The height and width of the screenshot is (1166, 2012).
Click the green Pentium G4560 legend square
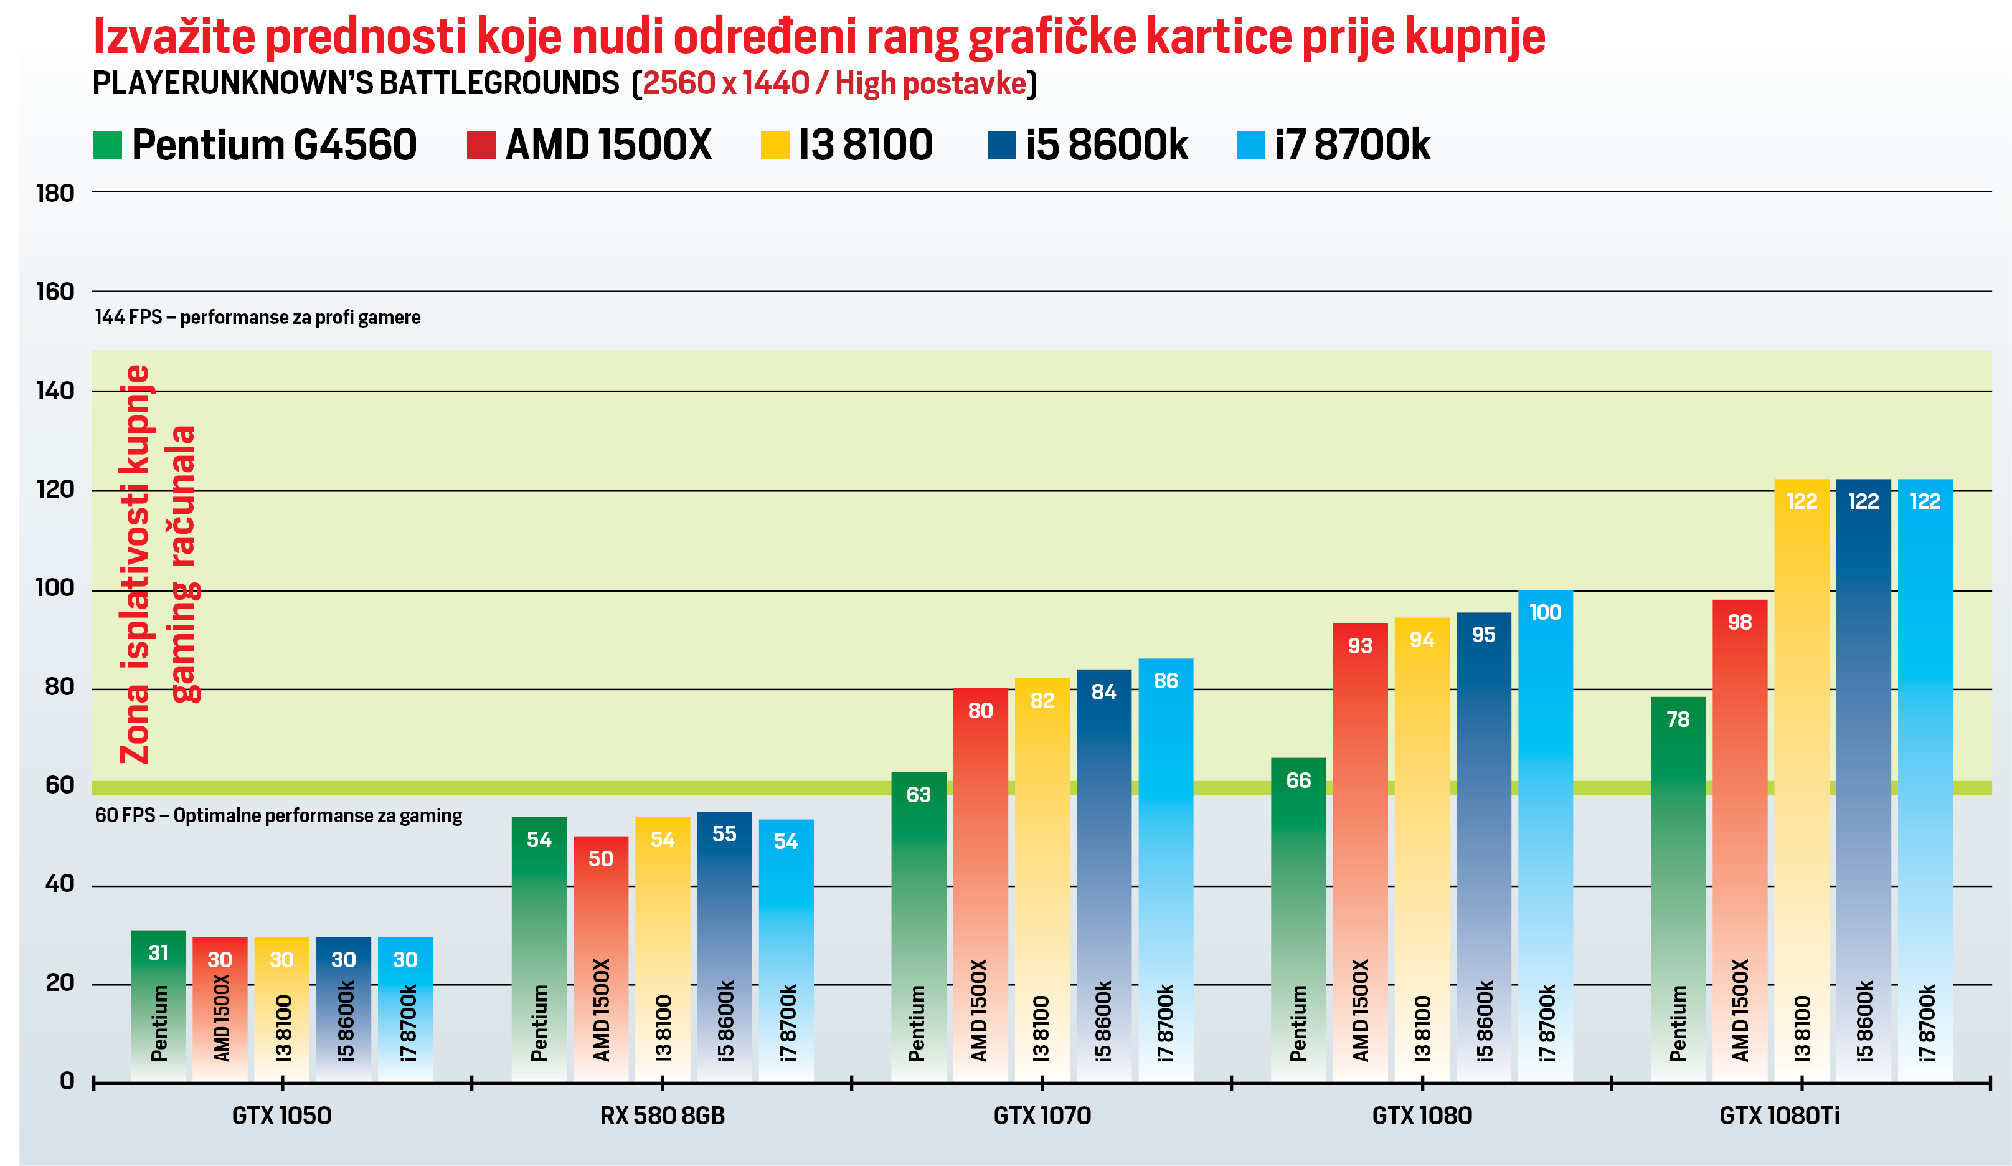click(x=107, y=145)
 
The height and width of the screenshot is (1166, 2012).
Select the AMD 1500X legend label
click(x=608, y=145)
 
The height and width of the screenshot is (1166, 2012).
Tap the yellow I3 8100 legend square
click(x=775, y=145)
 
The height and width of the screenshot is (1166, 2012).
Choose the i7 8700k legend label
click(x=1352, y=145)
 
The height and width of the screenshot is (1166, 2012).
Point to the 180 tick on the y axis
click(x=55, y=193)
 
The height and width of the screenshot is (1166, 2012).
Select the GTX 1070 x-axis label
click(x=1042, y=1115)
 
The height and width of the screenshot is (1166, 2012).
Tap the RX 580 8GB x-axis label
click(x=662, y=1115)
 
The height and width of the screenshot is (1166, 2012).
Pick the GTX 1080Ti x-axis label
click(x=1779, y=1115)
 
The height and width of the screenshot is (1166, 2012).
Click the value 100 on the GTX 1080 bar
click(x=1545, y=612)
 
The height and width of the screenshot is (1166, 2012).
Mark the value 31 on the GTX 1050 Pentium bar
click(x=158, y=953)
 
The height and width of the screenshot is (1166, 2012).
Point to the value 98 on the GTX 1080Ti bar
click(x=1740, y=622)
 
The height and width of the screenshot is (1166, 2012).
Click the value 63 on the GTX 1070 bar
click(x=918, y=795)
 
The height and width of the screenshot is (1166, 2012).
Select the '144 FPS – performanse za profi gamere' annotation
click(x=257, y=318)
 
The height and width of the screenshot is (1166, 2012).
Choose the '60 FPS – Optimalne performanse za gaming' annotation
click(x=278, y=815)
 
